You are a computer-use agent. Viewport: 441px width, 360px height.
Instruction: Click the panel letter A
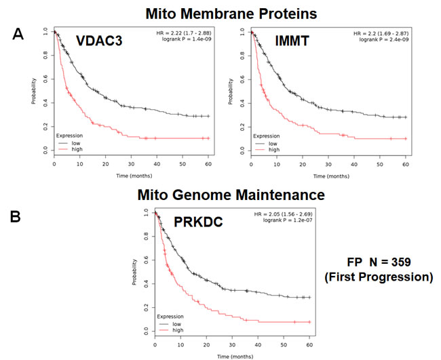coord(22,35)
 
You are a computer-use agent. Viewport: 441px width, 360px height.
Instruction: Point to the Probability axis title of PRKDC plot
coord(135,271)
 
